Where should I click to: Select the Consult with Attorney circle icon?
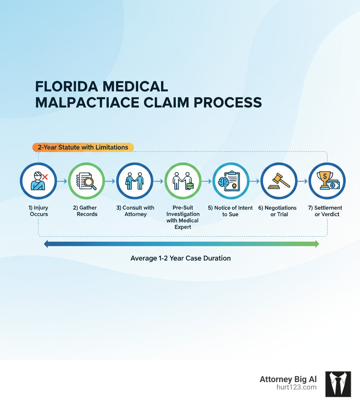click(x=135, y=181)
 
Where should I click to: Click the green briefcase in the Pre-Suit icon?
click(x=190, y=186)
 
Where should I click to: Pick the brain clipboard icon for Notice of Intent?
click(x=231, y=181)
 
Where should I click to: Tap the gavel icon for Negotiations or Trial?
click(x=279, y=181)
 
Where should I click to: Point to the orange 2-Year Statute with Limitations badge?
click(x=83, y=147)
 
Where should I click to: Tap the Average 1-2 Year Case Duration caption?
click(x=181, y=258)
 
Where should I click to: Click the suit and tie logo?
click(x=338, y=384)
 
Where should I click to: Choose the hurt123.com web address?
click(x=297, y=387)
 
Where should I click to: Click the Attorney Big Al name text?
click(x=288, y=379)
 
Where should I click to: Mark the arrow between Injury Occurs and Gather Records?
click(x=62, y=181)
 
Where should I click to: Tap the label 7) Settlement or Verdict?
click(x=327, y=211)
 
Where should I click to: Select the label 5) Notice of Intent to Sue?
click(x=230, y=211)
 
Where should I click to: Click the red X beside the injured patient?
click(x=45, y=177)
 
